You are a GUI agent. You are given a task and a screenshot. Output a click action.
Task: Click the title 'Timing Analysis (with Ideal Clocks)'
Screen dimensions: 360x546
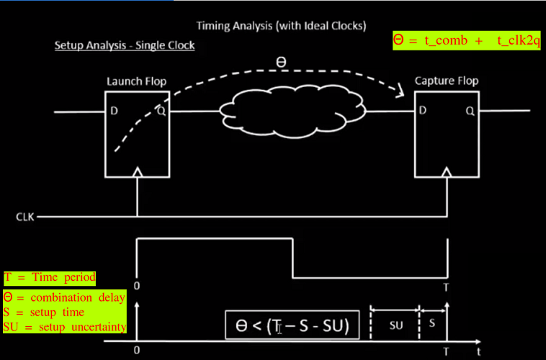pos(281,26)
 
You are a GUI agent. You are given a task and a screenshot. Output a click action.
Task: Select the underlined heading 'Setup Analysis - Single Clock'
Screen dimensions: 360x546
pos(125,45)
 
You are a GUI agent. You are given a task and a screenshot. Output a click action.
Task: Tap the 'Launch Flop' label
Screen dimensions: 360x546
pos(136,81)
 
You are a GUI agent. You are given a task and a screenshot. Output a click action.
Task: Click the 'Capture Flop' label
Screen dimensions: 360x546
pos(446,81)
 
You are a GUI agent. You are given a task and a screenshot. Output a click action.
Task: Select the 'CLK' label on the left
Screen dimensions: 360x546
pos(26,216)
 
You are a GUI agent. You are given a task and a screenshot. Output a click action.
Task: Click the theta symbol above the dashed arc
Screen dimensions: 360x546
pos(281,63)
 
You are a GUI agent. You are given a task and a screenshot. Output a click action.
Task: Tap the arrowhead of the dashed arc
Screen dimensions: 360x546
pos(398,91)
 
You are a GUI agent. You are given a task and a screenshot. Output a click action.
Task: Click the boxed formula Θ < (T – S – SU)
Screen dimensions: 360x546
pos(292,326)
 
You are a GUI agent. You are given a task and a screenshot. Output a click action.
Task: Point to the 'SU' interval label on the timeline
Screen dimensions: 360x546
pos(395,325)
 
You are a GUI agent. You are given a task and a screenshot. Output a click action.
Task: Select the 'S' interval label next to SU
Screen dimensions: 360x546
pos(431,323)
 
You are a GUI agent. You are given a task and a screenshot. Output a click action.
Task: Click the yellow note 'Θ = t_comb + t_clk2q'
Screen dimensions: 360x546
pos(466,41)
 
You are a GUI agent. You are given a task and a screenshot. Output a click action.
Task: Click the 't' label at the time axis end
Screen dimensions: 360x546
pos(478,351)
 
